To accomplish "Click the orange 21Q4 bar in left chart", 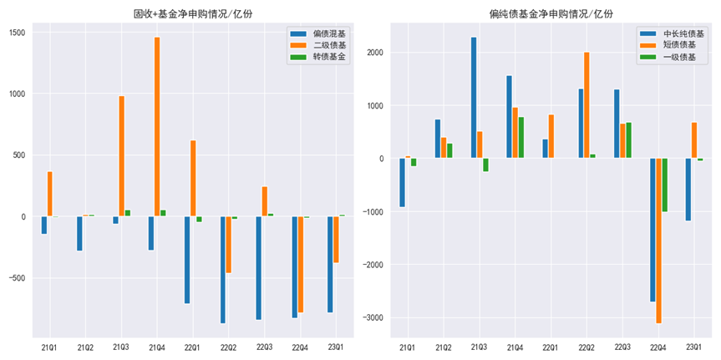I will [157, 126].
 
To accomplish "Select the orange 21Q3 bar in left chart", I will [121, 155].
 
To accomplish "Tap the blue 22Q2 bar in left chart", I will [223, 269].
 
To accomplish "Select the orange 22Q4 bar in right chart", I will [658, 241].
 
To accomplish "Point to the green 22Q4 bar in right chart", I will [664, 185].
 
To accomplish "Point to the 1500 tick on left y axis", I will [18, 33].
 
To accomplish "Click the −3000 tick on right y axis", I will [373, 318].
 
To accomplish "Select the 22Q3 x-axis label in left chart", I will [264, 347].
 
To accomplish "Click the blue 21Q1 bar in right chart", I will [402, 182].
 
